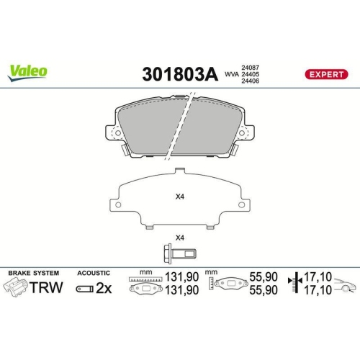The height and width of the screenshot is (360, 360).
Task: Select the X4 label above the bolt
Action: pos(180,238)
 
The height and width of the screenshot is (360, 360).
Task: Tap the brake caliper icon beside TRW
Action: pos(16,289)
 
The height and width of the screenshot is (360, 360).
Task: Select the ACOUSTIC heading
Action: pos(94,274)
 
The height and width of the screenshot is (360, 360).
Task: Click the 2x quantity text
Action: pos(103,289)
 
